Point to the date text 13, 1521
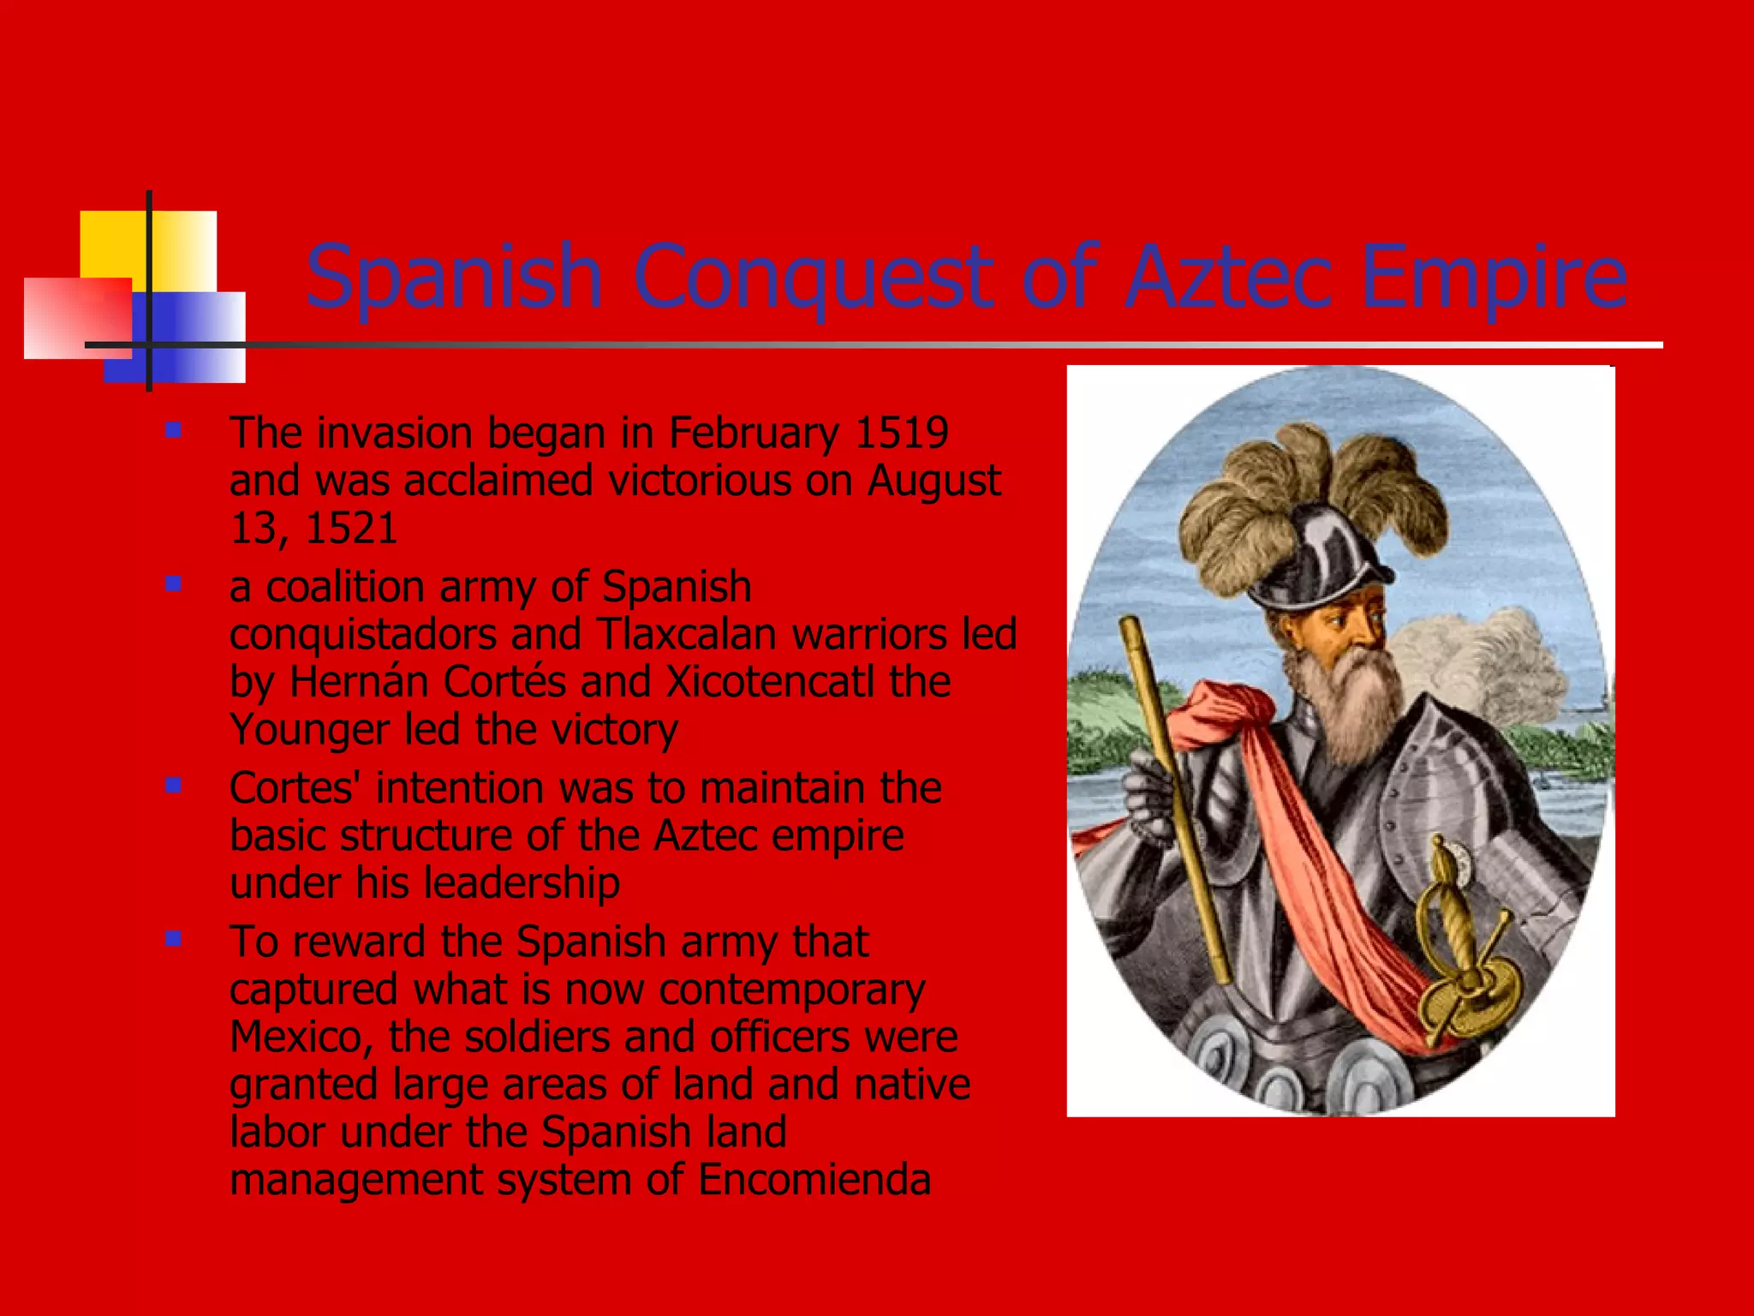pyautogui.click(x=313, y=528)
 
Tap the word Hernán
pyautogui.click(x=359, y=682)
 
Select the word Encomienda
pyautogui.click(x=814, y=1179)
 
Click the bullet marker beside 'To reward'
pyautogui.click(x=174, y=939)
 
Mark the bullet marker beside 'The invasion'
pyautogui.click(x=174, y=430)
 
